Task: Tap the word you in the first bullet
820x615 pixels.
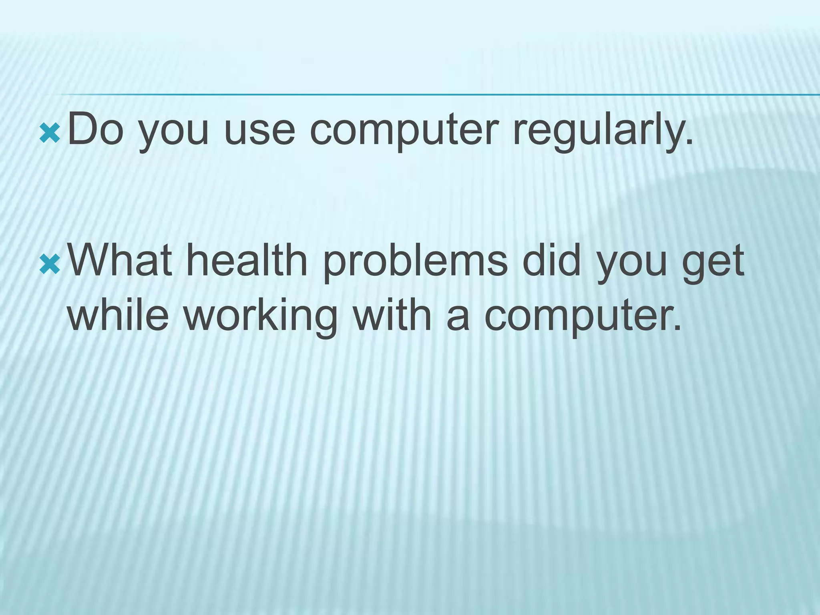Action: tap(174, 132)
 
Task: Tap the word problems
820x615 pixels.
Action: tap(415, 263)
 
